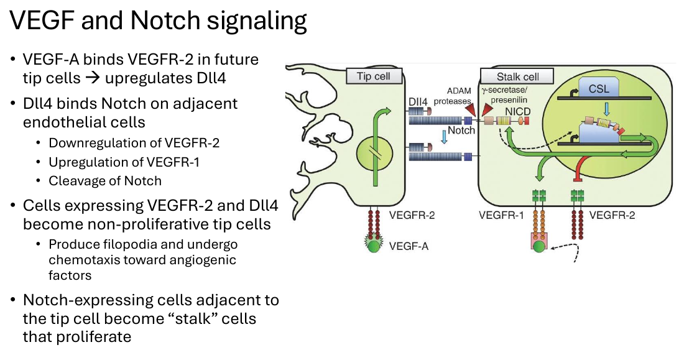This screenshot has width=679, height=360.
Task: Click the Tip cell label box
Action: point(374,76)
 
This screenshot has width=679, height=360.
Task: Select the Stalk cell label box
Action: point(517,76)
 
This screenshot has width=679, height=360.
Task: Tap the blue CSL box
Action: point(599,88)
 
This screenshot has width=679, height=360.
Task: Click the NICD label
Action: point(517,111)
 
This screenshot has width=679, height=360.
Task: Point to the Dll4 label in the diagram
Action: point(418,102)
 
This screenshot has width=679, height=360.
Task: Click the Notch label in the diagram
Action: point(461,130)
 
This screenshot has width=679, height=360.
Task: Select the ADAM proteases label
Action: point(453,96)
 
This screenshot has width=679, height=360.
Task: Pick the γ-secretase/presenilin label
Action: point(505,95)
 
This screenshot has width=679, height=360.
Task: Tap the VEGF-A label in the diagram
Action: point(409,246)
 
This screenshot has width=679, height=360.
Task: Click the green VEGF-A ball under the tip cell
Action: point(373,246)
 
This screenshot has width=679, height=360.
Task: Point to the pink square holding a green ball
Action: point(539,242)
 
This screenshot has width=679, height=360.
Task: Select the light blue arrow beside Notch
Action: point(444,136)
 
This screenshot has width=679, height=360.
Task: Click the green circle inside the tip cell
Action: point(375,155)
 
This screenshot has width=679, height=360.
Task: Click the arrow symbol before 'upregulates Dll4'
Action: point(92,78)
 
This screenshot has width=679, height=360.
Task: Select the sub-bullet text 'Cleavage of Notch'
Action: point(105,181)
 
